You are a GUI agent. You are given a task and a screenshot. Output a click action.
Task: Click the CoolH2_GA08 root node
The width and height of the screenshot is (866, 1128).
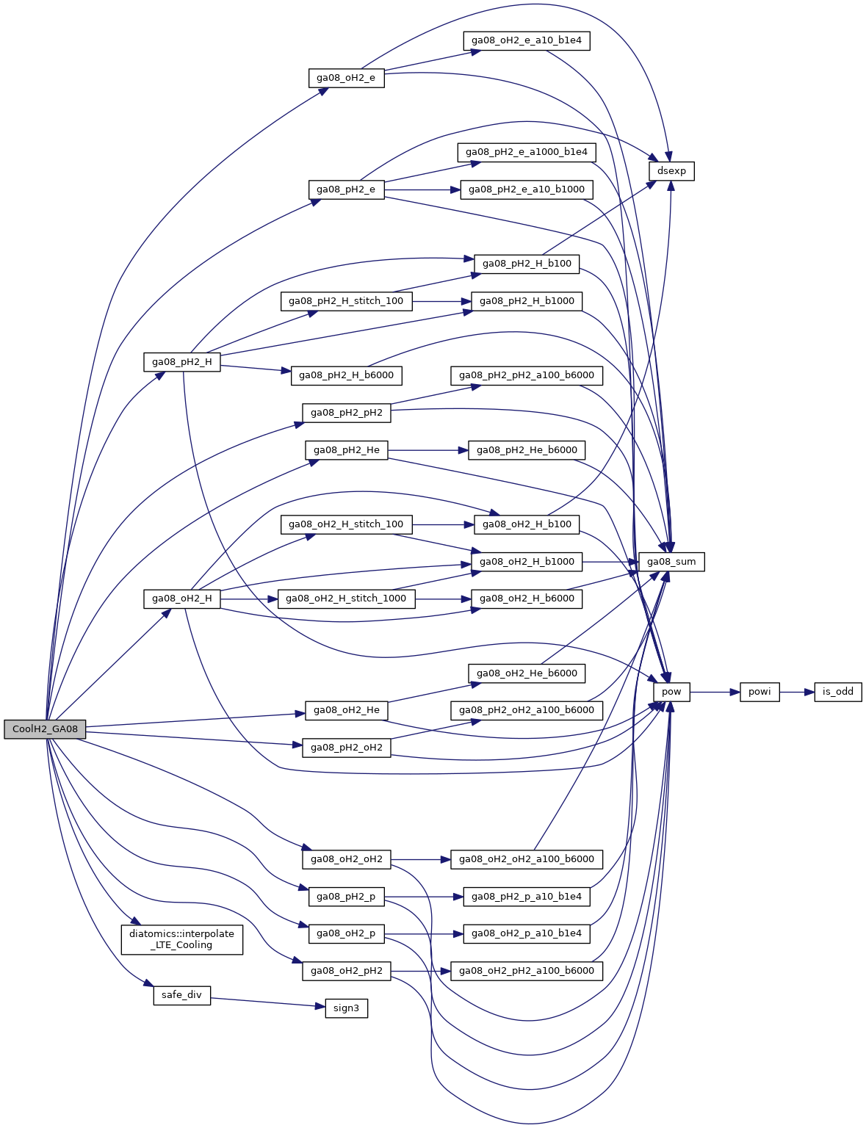[x=45, y=729]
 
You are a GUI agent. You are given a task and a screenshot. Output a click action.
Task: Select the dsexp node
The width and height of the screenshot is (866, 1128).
[x=671, y=171]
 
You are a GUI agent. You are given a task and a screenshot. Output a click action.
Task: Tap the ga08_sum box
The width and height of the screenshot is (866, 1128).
[x=671, y=562]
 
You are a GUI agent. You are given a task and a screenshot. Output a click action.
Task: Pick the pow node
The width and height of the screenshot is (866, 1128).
[x=671, y=692]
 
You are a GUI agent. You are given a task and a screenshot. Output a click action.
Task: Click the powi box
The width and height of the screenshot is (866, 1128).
[x=759, y=692]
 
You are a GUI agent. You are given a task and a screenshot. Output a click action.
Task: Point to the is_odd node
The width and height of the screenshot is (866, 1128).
[x=837, y=692]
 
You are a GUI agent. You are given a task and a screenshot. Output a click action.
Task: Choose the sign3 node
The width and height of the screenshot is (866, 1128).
[x=346, y=1008]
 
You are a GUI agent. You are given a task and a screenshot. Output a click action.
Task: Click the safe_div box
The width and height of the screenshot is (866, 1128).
[x=181, y=995]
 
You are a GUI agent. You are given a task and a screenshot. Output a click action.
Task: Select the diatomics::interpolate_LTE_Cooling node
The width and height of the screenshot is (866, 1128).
[x=181, y=939]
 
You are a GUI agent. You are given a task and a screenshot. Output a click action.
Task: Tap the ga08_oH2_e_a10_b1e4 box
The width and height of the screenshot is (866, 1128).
[x=526, y=40]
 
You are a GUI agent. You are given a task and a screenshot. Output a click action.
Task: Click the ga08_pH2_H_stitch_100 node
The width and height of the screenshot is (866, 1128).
[x=346, y=301]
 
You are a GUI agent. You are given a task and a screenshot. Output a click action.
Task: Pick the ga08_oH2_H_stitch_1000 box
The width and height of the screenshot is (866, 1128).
[x=346, y=599]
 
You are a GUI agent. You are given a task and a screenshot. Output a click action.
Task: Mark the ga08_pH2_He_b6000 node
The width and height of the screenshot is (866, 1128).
[x=527, y=450]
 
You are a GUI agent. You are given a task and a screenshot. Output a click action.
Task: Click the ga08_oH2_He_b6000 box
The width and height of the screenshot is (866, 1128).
[x=527, y=673]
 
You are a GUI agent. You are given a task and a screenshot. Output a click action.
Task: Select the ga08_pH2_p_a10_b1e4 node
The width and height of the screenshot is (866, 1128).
[x=526, y=897]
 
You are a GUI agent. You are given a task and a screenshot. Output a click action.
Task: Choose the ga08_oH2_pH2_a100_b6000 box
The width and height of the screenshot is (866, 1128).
[x=527, y=971]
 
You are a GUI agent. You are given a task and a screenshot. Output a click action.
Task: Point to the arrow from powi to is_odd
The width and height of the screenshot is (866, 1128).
[x=797, y=692]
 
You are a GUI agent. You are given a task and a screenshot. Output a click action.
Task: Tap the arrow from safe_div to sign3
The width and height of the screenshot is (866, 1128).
[x=267, y=1002]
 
